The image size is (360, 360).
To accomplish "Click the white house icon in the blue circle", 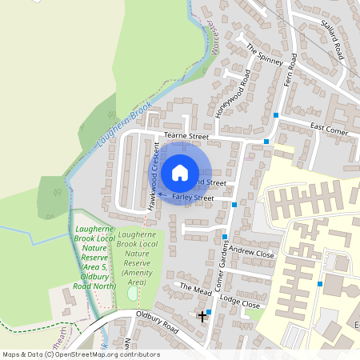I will tap(180, 173).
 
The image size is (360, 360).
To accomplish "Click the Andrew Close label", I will tap(251, 253).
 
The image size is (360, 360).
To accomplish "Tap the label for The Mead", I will tap(195, 288).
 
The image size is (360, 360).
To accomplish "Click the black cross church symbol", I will tap(202, 317).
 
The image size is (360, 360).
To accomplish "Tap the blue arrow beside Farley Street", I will tap(162, 194).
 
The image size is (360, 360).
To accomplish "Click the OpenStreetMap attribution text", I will tap(80, 354).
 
